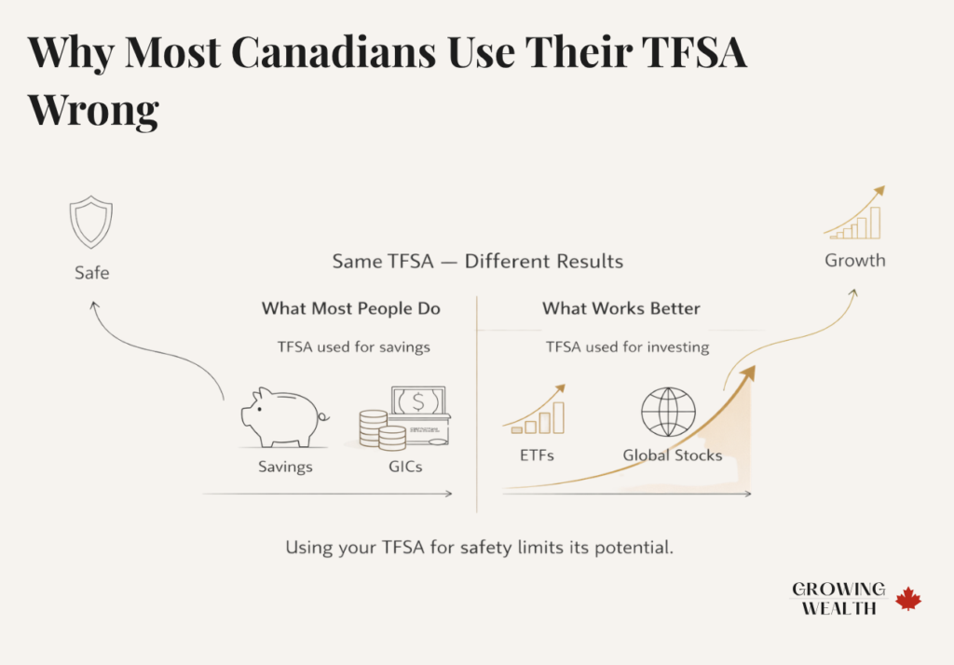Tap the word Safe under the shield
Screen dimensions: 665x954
(91, 273)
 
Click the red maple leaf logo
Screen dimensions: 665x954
(907, 599)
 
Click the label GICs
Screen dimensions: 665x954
(404, 466)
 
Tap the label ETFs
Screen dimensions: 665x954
(538, 456)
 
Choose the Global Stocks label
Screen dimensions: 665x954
(672, 456)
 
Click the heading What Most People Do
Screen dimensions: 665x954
(350, 308)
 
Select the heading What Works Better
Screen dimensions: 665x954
(620, 308)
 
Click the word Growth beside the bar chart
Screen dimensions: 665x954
(854, 260)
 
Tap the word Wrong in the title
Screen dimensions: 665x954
(93, 110)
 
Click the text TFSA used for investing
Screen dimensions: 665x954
(627, 347)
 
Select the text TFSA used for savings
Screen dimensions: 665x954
(353, 347)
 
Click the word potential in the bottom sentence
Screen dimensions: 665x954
(630, 548)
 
